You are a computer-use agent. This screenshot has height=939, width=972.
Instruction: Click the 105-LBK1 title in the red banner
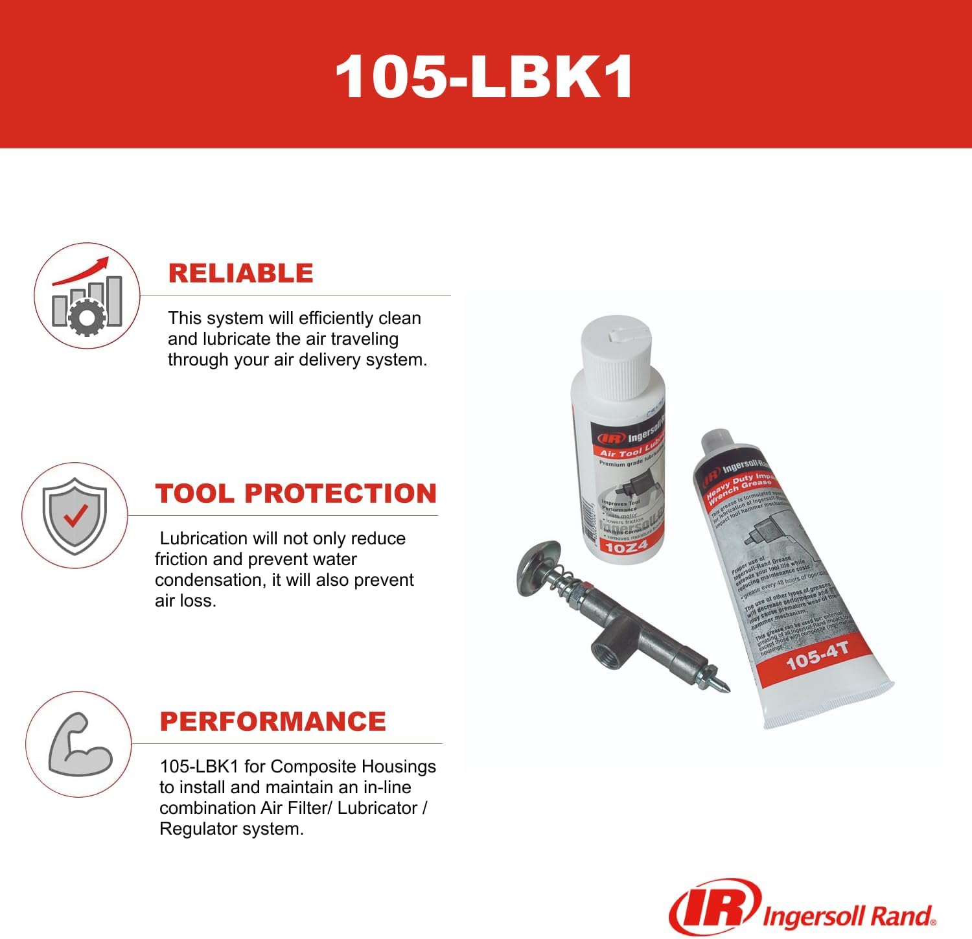coord(484,76)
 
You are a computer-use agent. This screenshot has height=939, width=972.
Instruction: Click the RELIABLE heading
coord(240,273)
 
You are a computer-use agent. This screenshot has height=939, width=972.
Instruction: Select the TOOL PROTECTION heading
coord(295,493)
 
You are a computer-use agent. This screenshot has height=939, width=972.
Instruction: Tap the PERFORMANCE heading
coord(273,721)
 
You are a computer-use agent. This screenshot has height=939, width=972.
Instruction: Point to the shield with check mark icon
coord(75,516)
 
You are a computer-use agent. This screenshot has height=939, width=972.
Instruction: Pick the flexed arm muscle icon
coord(79,745)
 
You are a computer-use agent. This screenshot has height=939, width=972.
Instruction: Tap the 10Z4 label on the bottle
coord(625,547)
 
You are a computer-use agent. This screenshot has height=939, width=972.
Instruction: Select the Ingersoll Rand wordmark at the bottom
coord(849,916)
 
